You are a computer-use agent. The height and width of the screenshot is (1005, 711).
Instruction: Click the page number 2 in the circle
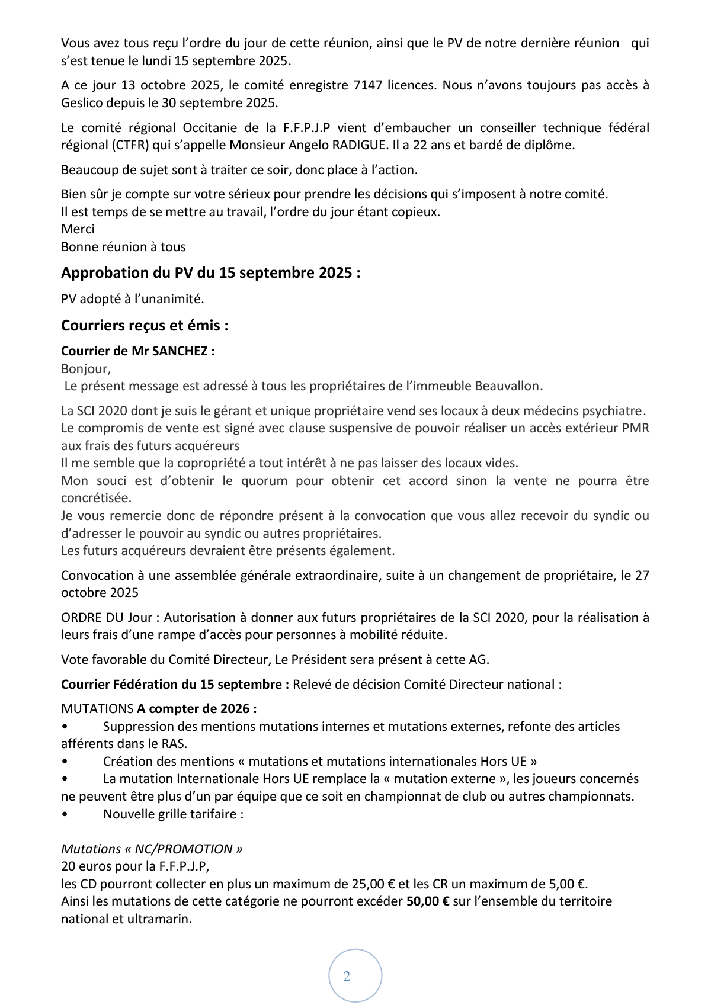pyautogui.click(x=347, y=977)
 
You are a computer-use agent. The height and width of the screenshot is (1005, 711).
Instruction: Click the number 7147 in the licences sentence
pyautogui.click(x=367, y=85)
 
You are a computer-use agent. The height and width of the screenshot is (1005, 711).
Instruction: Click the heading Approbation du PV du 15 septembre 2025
pyautogui.click(x=210, y=273)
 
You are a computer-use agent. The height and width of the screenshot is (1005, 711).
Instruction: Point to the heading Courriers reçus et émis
pyautogui.click(x=145, y=326)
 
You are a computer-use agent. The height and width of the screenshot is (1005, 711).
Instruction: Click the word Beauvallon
pyautogui.click(x=508, y=386)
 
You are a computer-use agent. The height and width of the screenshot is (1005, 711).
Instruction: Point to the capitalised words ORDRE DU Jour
pyautogui.click(x=107, y=618)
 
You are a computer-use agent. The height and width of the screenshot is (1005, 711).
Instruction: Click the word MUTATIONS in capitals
pyautogui.click(x=97, y=709)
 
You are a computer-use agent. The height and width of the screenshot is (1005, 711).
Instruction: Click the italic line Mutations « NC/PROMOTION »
pyautogui.click(x=152, y=849)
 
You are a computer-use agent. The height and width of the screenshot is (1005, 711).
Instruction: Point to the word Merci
pyautogui.click(x=78, y=229)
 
